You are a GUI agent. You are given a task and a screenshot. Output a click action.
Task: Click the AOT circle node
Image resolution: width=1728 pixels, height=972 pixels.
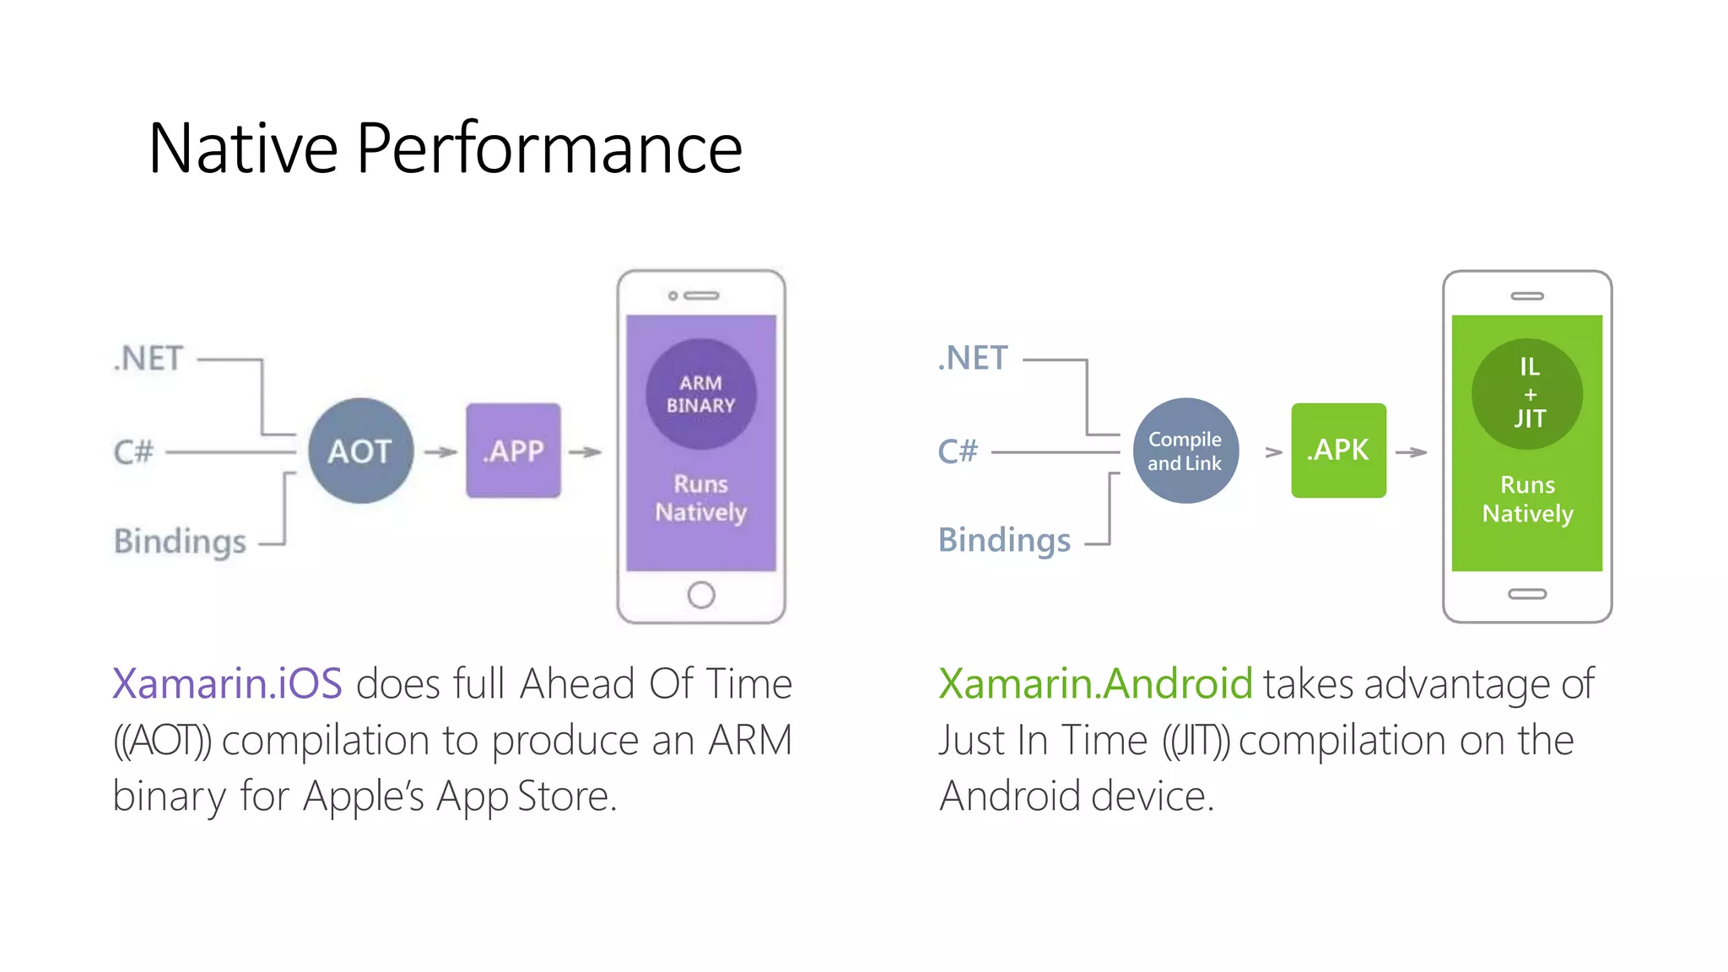click(x=361, y=451)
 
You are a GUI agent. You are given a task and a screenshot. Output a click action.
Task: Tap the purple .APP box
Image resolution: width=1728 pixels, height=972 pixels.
click(x=513, y=451)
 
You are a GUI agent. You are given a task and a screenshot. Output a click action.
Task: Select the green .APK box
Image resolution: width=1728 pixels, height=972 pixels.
click(x=1338, y=451)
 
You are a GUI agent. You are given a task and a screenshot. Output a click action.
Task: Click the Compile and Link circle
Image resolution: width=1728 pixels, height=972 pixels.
click(x=1185, y=451)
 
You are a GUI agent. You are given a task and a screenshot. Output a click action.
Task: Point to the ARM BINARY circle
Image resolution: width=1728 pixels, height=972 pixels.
click(x=701, y=394)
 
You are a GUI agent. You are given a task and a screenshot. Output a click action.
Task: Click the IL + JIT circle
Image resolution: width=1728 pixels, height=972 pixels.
click(x=1527, y=393)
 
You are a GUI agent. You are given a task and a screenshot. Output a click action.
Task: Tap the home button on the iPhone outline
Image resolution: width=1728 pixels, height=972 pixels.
click(x=701, y=595)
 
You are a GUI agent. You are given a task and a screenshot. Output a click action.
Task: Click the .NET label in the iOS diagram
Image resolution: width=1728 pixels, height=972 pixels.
click(x=148, y=359)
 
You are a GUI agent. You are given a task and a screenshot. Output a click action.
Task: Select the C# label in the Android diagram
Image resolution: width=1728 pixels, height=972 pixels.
click(x=958, y=451)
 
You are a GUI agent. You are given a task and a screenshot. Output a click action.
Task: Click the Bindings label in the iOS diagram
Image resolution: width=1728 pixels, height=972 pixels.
click(x=180, y=541)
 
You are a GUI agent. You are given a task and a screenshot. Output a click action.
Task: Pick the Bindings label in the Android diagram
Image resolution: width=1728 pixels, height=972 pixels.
click(x=1004, y=540)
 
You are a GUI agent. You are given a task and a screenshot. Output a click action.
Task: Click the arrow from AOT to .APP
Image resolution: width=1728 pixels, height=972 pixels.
click(x=440, y=452)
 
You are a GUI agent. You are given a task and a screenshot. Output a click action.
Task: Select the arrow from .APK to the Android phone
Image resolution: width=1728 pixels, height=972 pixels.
click(x=1411, y=452)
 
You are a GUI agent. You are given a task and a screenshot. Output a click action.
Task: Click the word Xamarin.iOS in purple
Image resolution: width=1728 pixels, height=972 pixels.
click(x=228, y=683)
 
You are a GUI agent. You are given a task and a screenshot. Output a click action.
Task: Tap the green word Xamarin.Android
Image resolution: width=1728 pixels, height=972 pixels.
click(x=1095, y=683)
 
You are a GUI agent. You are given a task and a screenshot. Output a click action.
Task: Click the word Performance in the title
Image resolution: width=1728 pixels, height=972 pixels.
click(x=549, y=148)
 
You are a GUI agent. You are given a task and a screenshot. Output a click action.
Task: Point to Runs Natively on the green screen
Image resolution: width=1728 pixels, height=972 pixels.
click(x=1527, y=499)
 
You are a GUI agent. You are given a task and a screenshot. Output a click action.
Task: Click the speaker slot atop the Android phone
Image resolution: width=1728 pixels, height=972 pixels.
click(x=1527, y=296)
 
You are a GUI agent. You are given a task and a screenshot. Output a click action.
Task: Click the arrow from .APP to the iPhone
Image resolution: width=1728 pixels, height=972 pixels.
click(x=585, y=452)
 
